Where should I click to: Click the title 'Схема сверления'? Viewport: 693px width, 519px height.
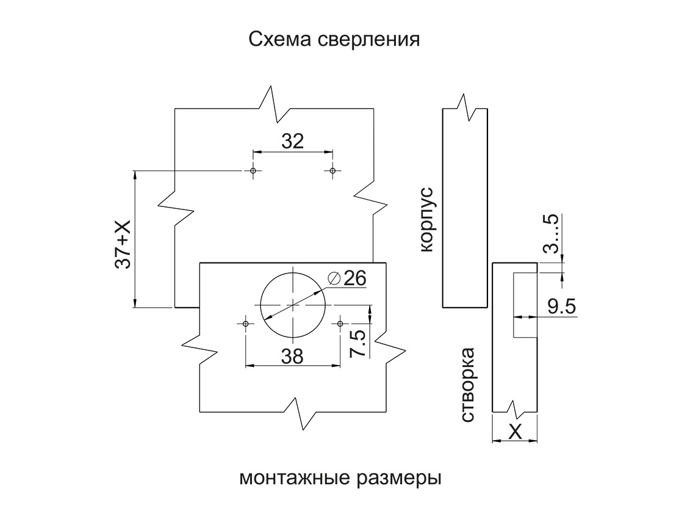[334, 40]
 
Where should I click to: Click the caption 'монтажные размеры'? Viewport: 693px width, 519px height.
[340, 477]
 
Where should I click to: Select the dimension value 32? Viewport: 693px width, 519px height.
[293, 142]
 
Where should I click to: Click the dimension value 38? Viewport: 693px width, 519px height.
[293, 357]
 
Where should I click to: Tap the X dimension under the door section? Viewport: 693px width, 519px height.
[515, 432]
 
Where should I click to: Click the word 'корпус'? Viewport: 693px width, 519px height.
[425, 220]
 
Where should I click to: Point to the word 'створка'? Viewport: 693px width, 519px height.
[468, 385]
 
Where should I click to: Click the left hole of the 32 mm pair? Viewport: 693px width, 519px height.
[253, 170]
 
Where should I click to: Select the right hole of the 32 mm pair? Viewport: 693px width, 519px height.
[332, 170]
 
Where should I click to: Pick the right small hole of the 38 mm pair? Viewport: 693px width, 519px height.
[340, 323]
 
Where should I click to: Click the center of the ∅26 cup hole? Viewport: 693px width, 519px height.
[293, 304]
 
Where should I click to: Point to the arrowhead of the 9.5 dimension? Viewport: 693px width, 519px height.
[518, 316]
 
